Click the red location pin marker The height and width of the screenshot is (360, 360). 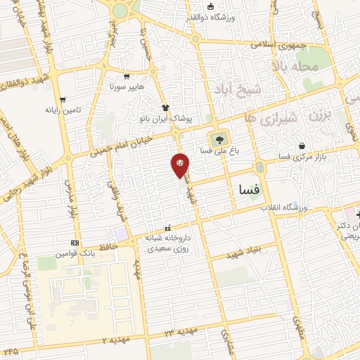point(180,164)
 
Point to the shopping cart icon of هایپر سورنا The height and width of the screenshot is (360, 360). point(127,77)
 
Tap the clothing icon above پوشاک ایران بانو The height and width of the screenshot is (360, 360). point(165,108)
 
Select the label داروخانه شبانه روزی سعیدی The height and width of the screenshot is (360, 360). point(168,244)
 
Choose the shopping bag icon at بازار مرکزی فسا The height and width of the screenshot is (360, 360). point(302,146)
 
